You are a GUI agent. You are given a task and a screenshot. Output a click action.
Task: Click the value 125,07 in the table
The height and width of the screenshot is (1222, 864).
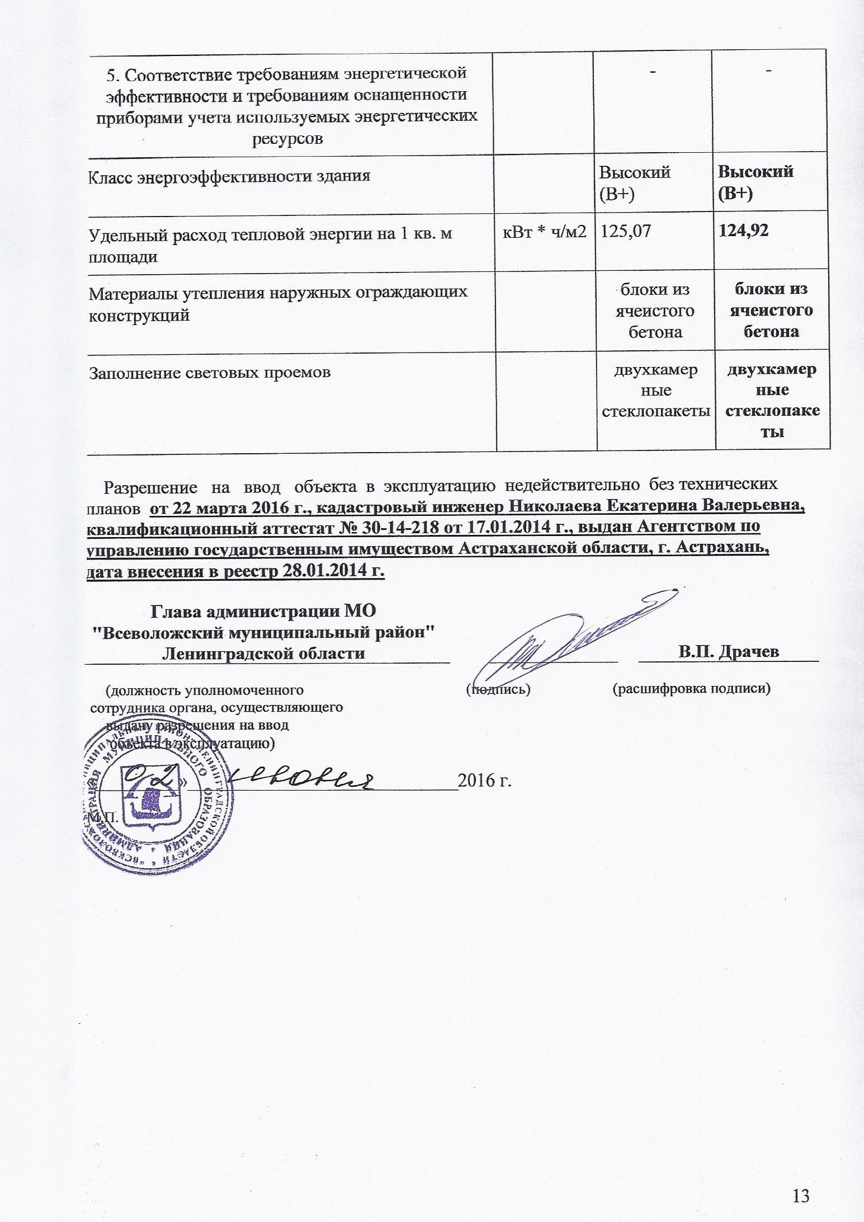pos(625,231)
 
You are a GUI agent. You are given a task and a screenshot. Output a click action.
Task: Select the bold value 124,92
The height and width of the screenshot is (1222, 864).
pos(743,230)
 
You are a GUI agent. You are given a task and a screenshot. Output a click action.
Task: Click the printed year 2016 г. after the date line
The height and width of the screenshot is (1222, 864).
pos(485,780)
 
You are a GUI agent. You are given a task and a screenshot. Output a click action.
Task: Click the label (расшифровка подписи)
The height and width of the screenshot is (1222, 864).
pos(692,689)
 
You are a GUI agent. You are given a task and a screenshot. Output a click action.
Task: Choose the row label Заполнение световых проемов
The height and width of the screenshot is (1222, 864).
pos(210,372)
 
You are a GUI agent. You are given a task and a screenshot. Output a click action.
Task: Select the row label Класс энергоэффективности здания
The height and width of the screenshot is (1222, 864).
pos(230,176)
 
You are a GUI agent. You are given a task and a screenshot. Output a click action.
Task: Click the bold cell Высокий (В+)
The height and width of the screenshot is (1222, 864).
pos(755,182)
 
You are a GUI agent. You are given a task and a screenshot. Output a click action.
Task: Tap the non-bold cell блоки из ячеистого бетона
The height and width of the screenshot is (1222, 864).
pos(655,311)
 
